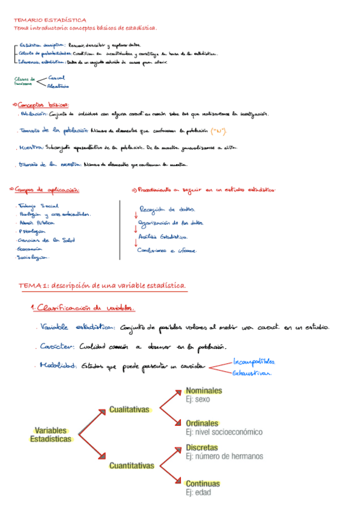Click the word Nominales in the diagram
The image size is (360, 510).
point(203,391)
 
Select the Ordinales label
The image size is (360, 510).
point(201,423)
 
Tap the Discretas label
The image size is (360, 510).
point(202,448)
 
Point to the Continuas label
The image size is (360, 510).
point(203,484)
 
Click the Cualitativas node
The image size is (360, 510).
point(129,410)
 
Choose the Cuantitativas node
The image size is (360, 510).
point(132,465)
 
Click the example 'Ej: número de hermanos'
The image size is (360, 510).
point(224,456)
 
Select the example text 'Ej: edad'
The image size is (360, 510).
point(198,493)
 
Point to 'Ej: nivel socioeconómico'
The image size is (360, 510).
point(224,432)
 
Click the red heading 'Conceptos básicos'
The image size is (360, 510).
point(42,103)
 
